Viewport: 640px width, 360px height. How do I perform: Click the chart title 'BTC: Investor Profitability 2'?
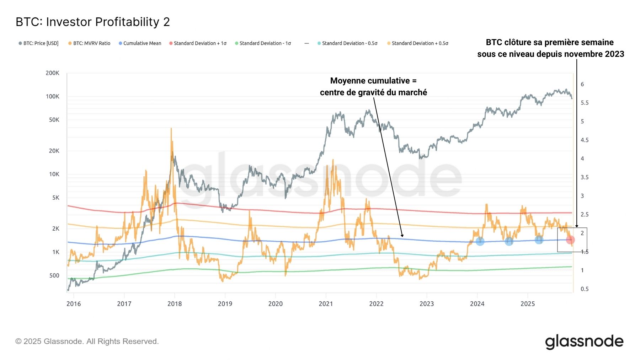pyautogui.click(x=93, y=22)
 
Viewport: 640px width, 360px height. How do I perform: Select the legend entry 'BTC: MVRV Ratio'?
pyautogui.click(x=91, y=43)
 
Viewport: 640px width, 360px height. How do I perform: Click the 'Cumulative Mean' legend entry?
pyautogui.click(x=142, y=43)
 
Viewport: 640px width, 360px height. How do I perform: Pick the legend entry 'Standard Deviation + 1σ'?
pyautogui.click(x=200, y=43)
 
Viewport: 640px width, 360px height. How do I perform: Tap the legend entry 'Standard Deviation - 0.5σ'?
pyautogui.click(x=350, y=43)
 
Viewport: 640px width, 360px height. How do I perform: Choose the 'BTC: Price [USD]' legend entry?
pyautogui.click(x=41, y=43)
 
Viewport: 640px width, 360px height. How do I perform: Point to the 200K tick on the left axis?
pyautogui.click(x=52, y=73)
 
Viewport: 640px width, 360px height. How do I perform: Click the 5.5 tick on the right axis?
pyautogui.click(x=585, y=103)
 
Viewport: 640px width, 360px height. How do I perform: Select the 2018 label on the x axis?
pyautogui.click(x=175, y=303)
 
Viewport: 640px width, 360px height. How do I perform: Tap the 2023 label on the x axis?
pyautogui.click(x=427, y=303)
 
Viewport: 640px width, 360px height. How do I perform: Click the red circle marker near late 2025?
pyautogui.click(x=570, y=240)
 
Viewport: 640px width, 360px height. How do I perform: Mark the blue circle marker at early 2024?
pyautogui.click(x=480, y=241)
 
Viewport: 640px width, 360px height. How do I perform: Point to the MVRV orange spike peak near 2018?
pyautogui.click(x=171, y=129)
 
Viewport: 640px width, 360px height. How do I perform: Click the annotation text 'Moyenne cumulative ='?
pyautogui.click(x=373, y=81)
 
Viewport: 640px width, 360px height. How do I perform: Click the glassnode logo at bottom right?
pyautogui.click(x=584, y=342)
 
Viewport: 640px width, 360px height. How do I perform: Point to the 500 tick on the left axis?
pyautogui.click(x=54, y=275)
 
